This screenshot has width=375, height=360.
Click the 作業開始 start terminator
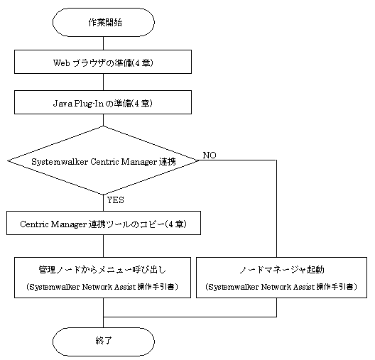[x=103, y=23]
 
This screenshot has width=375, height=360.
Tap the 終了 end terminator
[x=103, y=342]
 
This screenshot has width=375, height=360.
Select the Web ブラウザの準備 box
[x=103, y=62]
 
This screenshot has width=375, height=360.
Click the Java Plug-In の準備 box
[x=103, y=102]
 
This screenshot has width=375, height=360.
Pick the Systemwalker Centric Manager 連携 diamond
[x=103, y=160]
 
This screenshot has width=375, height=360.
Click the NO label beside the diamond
[x=210, y=156]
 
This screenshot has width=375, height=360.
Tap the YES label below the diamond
[x=116, y=200]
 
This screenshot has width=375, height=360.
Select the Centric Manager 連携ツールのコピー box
[x=104, y=223]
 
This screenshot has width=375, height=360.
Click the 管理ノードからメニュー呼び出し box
[x=102, y=278]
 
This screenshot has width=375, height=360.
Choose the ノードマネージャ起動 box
[x=281, y=278]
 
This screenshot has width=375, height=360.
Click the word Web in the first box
[x=62, y=63]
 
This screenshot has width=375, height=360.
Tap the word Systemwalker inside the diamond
[x=60, y=162]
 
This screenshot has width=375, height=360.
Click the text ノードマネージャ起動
[x=282, y=270]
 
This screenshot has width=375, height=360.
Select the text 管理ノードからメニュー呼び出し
[x=102, y=270]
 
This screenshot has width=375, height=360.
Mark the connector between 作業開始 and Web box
[x=103, y=43]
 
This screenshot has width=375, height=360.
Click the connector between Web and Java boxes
[x=103, y=82]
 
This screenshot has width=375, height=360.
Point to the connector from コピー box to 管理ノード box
[x=103, y=246]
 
